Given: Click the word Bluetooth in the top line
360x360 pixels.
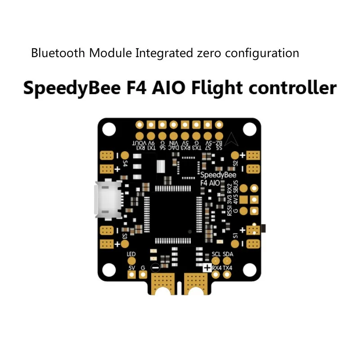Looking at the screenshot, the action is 58,53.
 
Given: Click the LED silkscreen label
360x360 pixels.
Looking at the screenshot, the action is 131,255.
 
